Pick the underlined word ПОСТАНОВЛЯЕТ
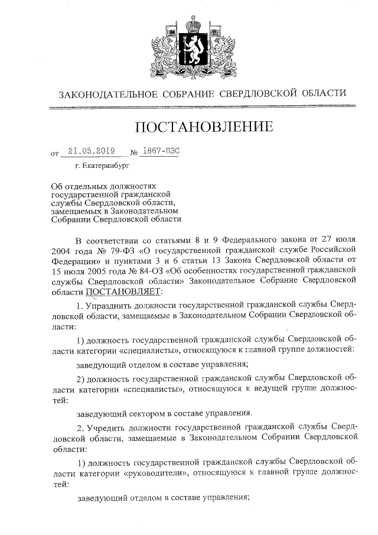click(x=122, y=291)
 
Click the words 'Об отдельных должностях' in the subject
click(x=97, y=186)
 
